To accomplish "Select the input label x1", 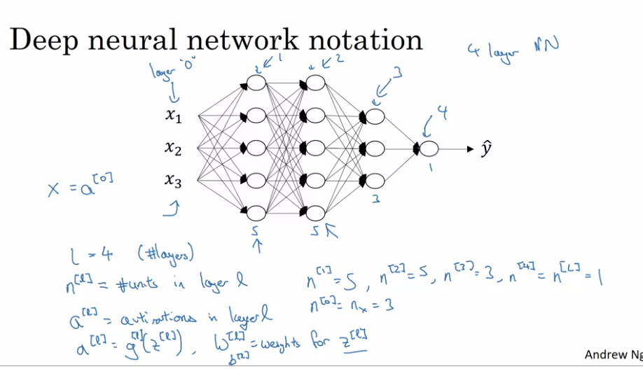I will coord(173,116).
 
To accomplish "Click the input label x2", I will coord(173,148).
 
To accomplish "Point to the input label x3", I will coord(173,181).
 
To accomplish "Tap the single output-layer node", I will coord(429,148).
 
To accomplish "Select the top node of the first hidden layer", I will coord(256,83).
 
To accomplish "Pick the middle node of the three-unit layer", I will coord(375,148).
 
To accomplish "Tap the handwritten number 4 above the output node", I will coord(441,112).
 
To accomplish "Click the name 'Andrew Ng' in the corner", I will coord(613,355).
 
